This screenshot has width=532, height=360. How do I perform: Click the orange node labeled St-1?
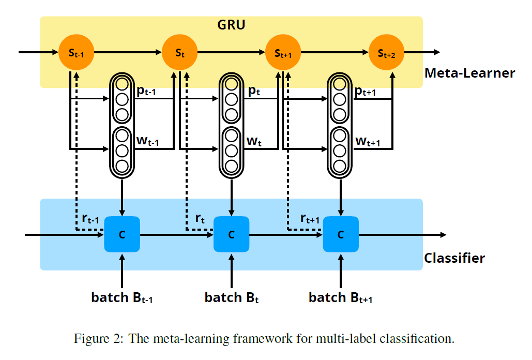pos(77,52)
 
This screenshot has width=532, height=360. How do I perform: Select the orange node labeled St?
pos(180,52)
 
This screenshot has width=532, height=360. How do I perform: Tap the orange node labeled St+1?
pos(283,52)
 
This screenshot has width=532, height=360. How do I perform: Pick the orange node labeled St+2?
pos(386,52)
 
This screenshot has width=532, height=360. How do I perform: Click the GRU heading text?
pos(231,25)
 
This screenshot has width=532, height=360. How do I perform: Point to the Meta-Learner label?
pos(470,73)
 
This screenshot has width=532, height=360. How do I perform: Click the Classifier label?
pos(454,258)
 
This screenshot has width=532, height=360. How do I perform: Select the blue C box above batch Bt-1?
pos(122,234)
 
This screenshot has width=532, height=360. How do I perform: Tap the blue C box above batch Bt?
pos(232,234)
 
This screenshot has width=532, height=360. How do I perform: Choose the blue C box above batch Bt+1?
pos(341,234)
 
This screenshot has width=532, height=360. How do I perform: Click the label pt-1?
pos(146,91)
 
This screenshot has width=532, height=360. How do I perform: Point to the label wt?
pos(254,141)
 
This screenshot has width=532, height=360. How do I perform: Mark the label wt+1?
pos(368,141)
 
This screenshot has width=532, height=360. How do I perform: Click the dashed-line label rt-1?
pos(90,218)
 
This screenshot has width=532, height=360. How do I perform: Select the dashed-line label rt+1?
pos(310,218)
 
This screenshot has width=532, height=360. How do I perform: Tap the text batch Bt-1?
pos(122,297)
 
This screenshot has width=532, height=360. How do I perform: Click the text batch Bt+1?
pos(341,297)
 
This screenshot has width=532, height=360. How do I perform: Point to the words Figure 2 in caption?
pos(99,339)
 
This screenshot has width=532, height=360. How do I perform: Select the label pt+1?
pos(365,91)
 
